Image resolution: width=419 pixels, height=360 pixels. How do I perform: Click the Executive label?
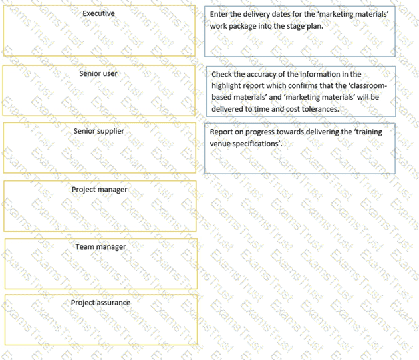(98, 13)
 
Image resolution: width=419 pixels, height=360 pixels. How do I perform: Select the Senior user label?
(98, 73)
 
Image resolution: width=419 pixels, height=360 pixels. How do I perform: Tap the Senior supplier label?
(98, 131)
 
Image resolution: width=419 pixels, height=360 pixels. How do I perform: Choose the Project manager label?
(99, 190)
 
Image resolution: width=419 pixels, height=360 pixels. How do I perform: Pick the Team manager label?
(100, 247)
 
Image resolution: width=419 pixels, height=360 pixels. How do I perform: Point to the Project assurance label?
(100, 303)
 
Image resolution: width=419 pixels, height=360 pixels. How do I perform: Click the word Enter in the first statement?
(219, 14)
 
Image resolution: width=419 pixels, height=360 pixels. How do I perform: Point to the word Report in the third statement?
(221, 132)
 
